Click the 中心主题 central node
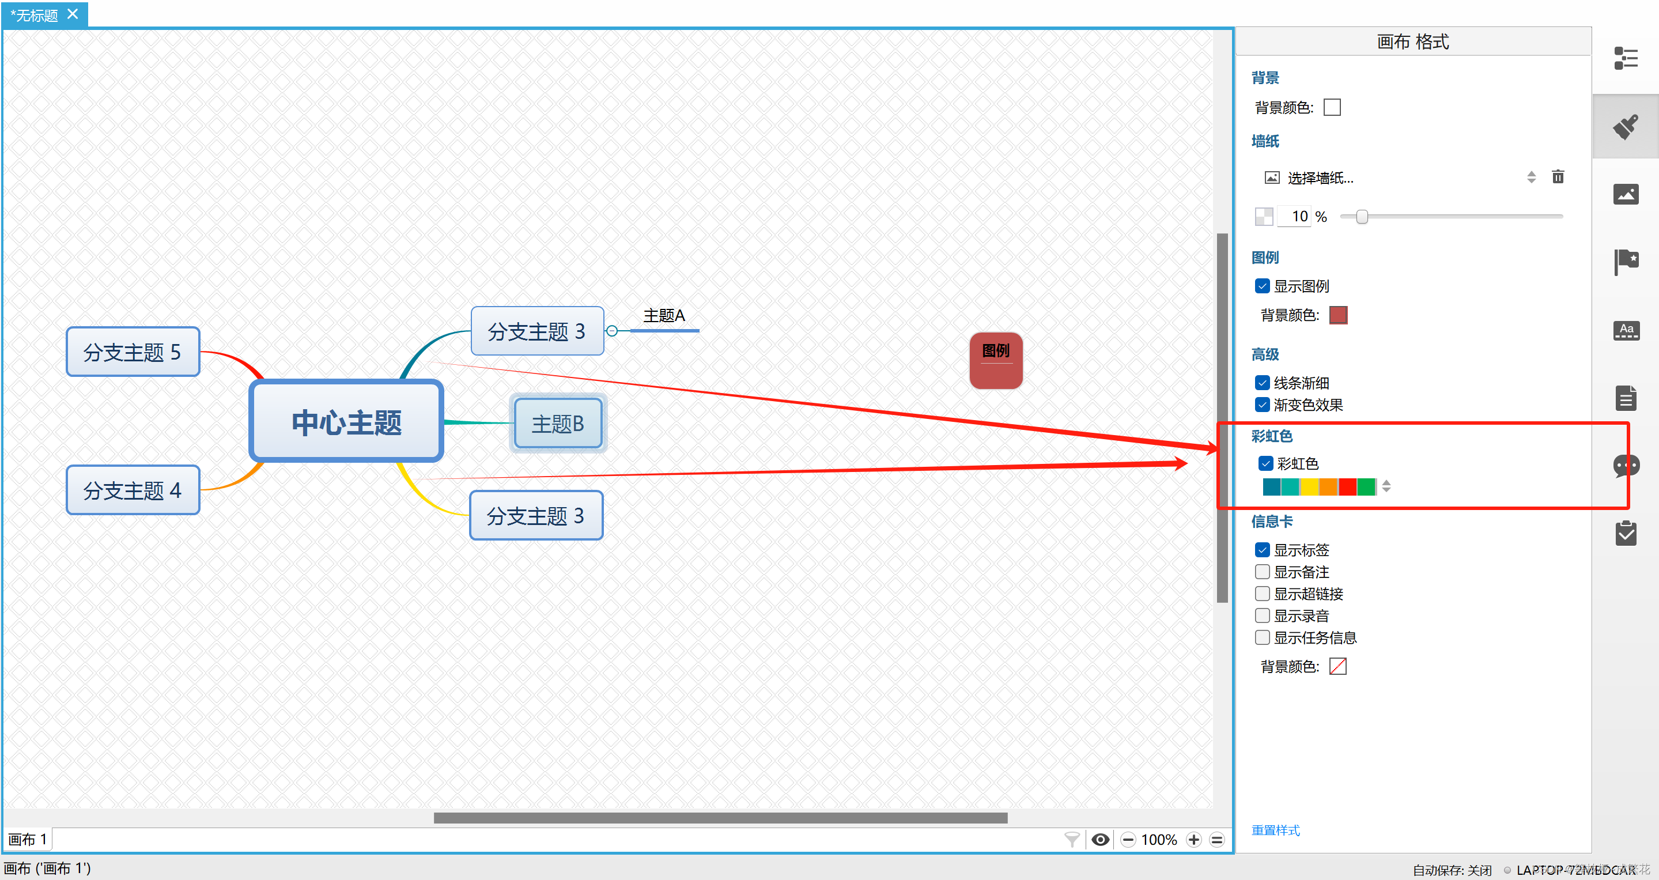coord(346,422)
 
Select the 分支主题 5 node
coord(133,352)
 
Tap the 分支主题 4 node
coord(133,490)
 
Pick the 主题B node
coord(558,423)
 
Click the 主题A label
coord(664,316)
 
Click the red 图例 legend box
coord(996,360)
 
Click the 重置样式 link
coord(1275,830)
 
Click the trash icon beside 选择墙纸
coord(1558,177)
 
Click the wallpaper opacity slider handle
coord(1362,217)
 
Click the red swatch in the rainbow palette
coord(1347,486)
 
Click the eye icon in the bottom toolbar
coord(1101,840)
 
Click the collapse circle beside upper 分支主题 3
coord(612,331)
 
